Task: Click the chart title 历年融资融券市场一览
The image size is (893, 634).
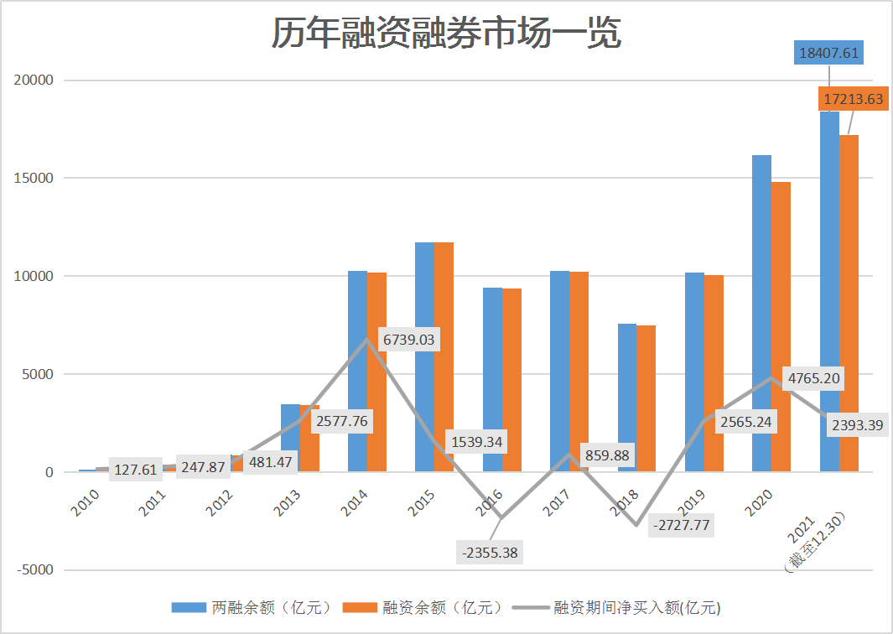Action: pyautogui.click(x=445, y=34)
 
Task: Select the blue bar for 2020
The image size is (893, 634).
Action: pyautogui.click(x=761, y=314)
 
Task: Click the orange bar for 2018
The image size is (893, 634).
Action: pyautogui.click(x=646, y=398)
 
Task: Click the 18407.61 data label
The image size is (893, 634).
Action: pyautogui.click(x=829, y=54)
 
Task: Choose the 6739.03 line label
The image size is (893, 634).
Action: pyautogui.click(x=410, y=340)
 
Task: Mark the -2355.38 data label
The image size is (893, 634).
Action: pyautogui.click(x=491, y=552)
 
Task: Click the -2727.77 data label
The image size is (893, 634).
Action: pyautogui.click(x=680, y=526)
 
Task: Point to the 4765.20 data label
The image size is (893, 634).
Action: pyautogui.click(x=813, y=378)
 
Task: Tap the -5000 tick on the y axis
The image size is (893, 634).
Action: pyautogui.click(x=34, y=570)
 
